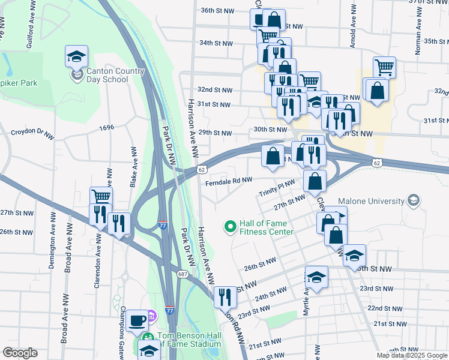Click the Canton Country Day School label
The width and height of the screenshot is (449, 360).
pyautogui.click(x=116, y=75)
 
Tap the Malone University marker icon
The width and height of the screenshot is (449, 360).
pyautogui.click(x=412, y=199)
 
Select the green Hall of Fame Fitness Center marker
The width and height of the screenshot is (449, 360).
pyautogui.click(x=229, y=227)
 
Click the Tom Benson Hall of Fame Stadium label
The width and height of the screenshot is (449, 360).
pyautogui.click(x=189, y=340)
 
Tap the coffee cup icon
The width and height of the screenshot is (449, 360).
pyautogui.click(x=137, y=320)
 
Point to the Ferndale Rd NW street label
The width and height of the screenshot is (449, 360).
pyautogui.click(x=229, y=179)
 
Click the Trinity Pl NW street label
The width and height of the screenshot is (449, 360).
pyautogui.click(x=277, y=188)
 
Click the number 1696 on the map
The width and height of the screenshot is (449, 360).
pyautogui.click(x=107, y=127)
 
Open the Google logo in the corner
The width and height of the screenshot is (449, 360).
pyautogui.click(x=20, y=353)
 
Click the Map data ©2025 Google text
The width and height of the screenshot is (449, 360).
pyautogui.click(x=412, y=355)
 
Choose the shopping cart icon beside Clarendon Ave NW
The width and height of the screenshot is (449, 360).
pyautogui.click(x=101, y=196)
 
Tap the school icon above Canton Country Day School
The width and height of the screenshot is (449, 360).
pyautogui.click(x=76, y=57)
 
